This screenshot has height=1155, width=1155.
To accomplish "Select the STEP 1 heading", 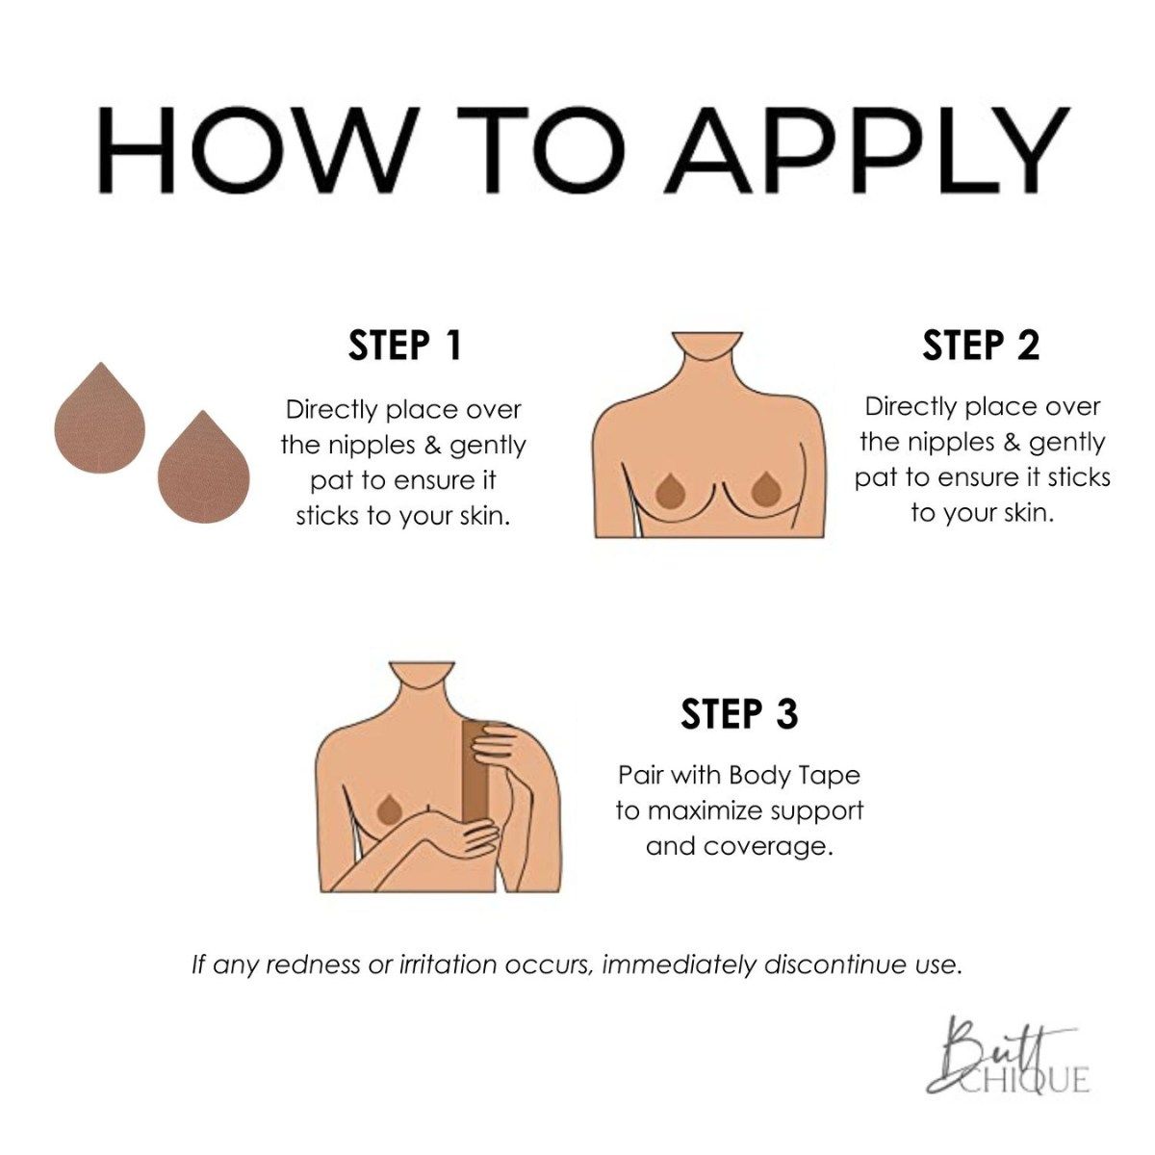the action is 405,346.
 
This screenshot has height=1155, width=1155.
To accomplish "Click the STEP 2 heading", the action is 981,346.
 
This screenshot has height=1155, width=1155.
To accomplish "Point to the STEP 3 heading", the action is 739,713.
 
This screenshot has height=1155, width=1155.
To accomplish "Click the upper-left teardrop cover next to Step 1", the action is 100,417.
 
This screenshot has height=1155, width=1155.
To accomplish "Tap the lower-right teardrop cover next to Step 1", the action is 204,466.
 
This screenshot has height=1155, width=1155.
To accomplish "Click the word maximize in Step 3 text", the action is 702,811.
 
